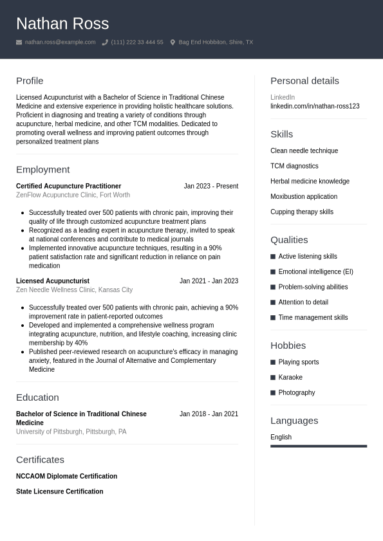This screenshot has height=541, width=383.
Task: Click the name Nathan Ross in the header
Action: [x=62, y=24]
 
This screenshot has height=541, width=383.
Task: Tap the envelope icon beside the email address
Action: [x=19, y=42]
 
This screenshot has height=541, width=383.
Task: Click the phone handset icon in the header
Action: [x=105, y=42]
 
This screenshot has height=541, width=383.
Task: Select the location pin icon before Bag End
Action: [x=173, y=42]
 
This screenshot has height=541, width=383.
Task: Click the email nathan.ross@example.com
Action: [x=60, y=42]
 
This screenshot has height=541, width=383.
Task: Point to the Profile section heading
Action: [x=30, y=81]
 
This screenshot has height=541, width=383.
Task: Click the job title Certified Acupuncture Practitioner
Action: [x=68, y=186]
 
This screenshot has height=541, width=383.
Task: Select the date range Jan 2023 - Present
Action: [x=210, y=186]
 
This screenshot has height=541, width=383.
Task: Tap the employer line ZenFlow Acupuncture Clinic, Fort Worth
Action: [x=73, y=195]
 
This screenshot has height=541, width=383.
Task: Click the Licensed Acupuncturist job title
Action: [x=53, y=281]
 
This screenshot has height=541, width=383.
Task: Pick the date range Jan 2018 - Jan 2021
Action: [x=209, y=414]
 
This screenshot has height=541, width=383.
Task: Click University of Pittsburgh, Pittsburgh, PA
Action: [x=71, y=432]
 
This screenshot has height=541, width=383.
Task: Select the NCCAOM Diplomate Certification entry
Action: [x=66, y=477]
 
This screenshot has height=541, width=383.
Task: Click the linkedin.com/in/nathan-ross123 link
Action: [x=315, y=106]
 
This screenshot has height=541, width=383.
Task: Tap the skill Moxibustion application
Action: [x=304, y=197]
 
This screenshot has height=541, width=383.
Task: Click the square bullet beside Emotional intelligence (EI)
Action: [x=273, y=272]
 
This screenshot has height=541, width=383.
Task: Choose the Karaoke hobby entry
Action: [x=290, y=378]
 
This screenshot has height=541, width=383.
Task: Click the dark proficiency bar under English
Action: [x=319, y=446]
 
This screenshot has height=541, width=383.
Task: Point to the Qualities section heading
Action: [x=289, y=240]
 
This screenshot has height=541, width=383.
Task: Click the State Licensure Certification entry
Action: [x=59, y=491]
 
